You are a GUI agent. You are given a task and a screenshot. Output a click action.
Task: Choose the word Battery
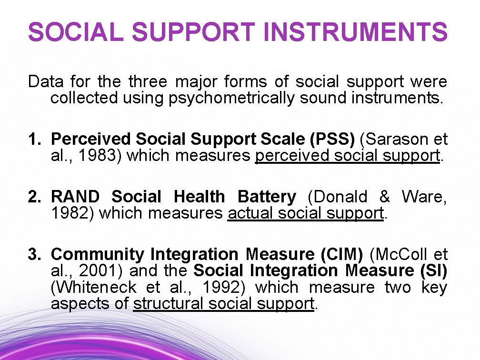tap(267, 197)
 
